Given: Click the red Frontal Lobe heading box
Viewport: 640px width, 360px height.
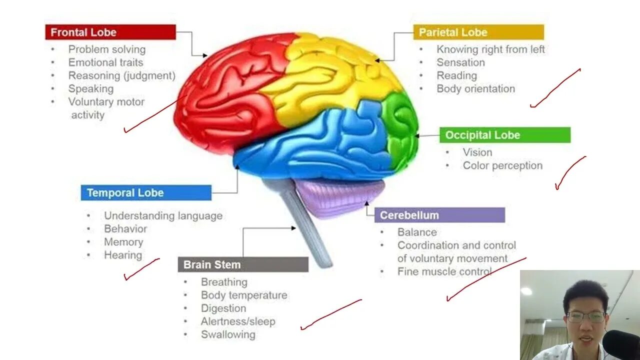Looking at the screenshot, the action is click(x=110, y=32).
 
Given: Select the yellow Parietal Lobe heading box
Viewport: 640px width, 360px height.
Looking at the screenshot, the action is click(x=478, y=32).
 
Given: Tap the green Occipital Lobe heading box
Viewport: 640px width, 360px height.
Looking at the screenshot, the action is click(x=504, y=135).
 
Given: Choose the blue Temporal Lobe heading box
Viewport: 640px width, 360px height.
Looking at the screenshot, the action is click(x=145, y=193).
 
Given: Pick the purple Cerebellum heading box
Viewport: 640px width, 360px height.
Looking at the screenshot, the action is click(x=439, y=215).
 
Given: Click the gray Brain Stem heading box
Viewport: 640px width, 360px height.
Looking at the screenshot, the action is click(x=243, y=264).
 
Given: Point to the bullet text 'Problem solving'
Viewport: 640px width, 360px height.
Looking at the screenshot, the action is click(x=107, y=49).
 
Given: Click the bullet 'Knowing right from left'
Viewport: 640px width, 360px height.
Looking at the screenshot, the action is click(x=490, y=49).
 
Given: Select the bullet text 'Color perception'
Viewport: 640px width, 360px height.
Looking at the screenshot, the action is click(x=502, y=165).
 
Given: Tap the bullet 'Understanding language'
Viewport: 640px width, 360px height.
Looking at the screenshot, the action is click(x=163, y=216).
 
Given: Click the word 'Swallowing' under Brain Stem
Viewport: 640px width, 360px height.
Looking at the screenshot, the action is click(x=228, y=334).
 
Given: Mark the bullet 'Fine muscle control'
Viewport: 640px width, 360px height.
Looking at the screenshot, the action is click(x=444, y=271).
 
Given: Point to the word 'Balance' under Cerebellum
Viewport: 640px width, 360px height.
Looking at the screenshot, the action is click(x=417, y=232).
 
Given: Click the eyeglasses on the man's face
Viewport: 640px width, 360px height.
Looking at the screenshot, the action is click(x=586, y=316).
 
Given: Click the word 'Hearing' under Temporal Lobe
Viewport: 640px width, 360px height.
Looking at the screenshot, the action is click(x=123, y=255).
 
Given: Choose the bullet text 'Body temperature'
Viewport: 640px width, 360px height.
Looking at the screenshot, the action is click(x=244, y=295).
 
